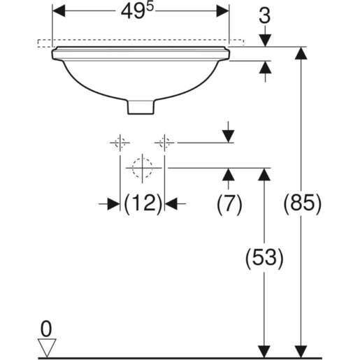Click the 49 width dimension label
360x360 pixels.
138,11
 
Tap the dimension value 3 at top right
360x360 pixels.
265,16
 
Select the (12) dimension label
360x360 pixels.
143,203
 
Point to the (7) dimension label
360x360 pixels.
229,203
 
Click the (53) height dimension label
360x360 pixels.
264,258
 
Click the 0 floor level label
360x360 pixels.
46,329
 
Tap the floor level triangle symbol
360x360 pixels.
47,347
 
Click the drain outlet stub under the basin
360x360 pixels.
141,107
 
